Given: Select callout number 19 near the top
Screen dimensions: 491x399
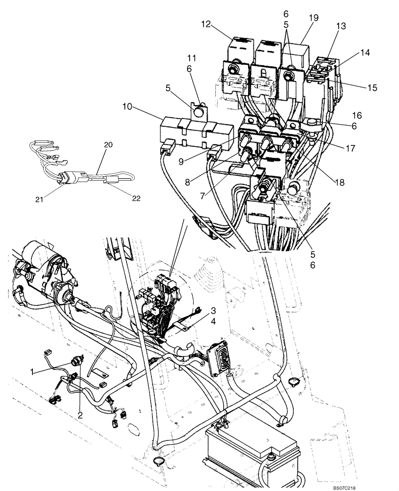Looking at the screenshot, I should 313,18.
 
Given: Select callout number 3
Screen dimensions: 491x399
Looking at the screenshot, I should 214,310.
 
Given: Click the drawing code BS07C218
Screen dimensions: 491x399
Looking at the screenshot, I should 371,487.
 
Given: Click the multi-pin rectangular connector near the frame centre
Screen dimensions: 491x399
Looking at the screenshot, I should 218,358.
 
